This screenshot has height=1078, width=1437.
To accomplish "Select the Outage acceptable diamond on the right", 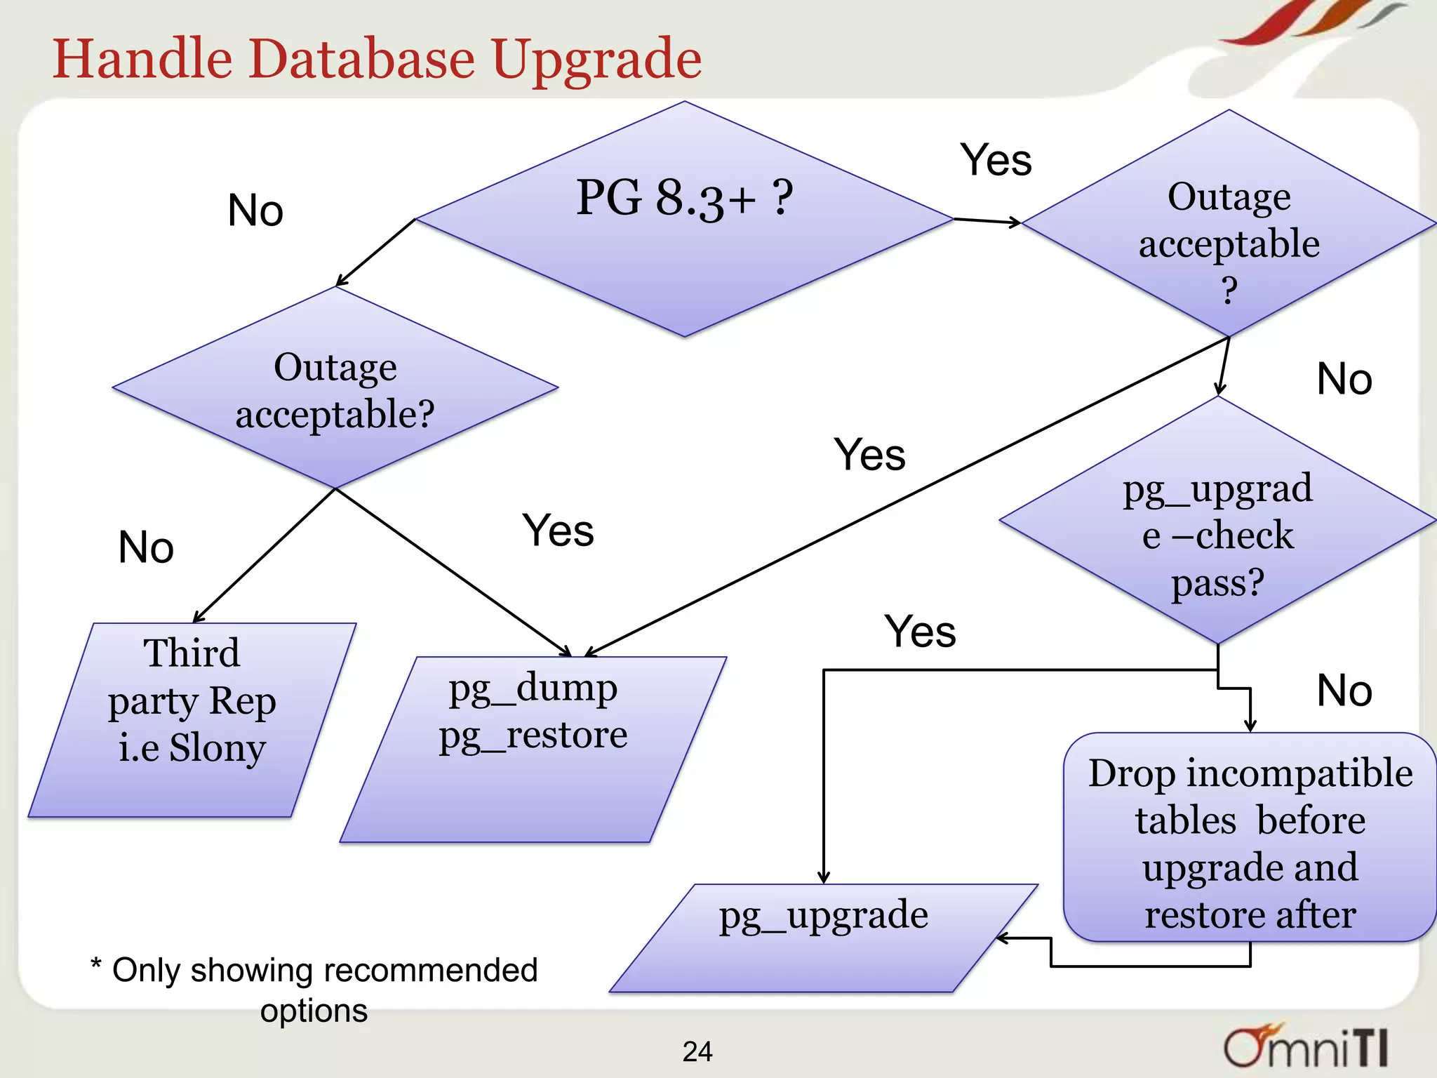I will [1229, 232].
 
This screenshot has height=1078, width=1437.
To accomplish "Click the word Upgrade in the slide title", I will [596, 59].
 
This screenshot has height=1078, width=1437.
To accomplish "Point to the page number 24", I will [697, 1051].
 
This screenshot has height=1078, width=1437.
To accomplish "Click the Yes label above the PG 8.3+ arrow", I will [995, 160].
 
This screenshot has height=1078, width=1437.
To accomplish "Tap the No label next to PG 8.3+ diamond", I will [255, 211].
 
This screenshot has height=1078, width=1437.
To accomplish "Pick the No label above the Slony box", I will [146, 547].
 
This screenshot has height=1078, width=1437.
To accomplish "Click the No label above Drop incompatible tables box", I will [1344, 691].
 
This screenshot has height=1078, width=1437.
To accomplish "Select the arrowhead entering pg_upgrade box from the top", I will [824, 878].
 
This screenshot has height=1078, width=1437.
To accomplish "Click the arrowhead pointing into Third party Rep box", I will [198, 617].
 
